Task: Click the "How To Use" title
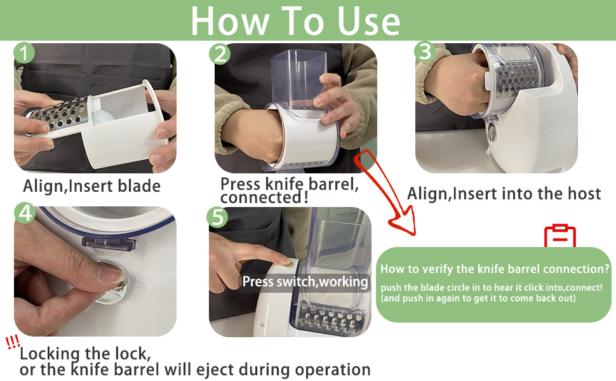[x=295, y=20]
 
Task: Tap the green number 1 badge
[x=24, y=53]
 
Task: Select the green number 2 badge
[x=219, y=54]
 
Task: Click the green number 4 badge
[x=25, y=214]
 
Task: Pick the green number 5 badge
[x=218, y=218]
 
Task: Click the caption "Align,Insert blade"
[x=91, y=186]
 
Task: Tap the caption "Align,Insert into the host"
[x=504, y=193]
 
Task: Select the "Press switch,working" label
[x=305, y=281]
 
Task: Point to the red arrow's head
[x=403, y=225]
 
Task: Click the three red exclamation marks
[x=13, y=343]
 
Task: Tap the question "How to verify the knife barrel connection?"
[x=495, y=269]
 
